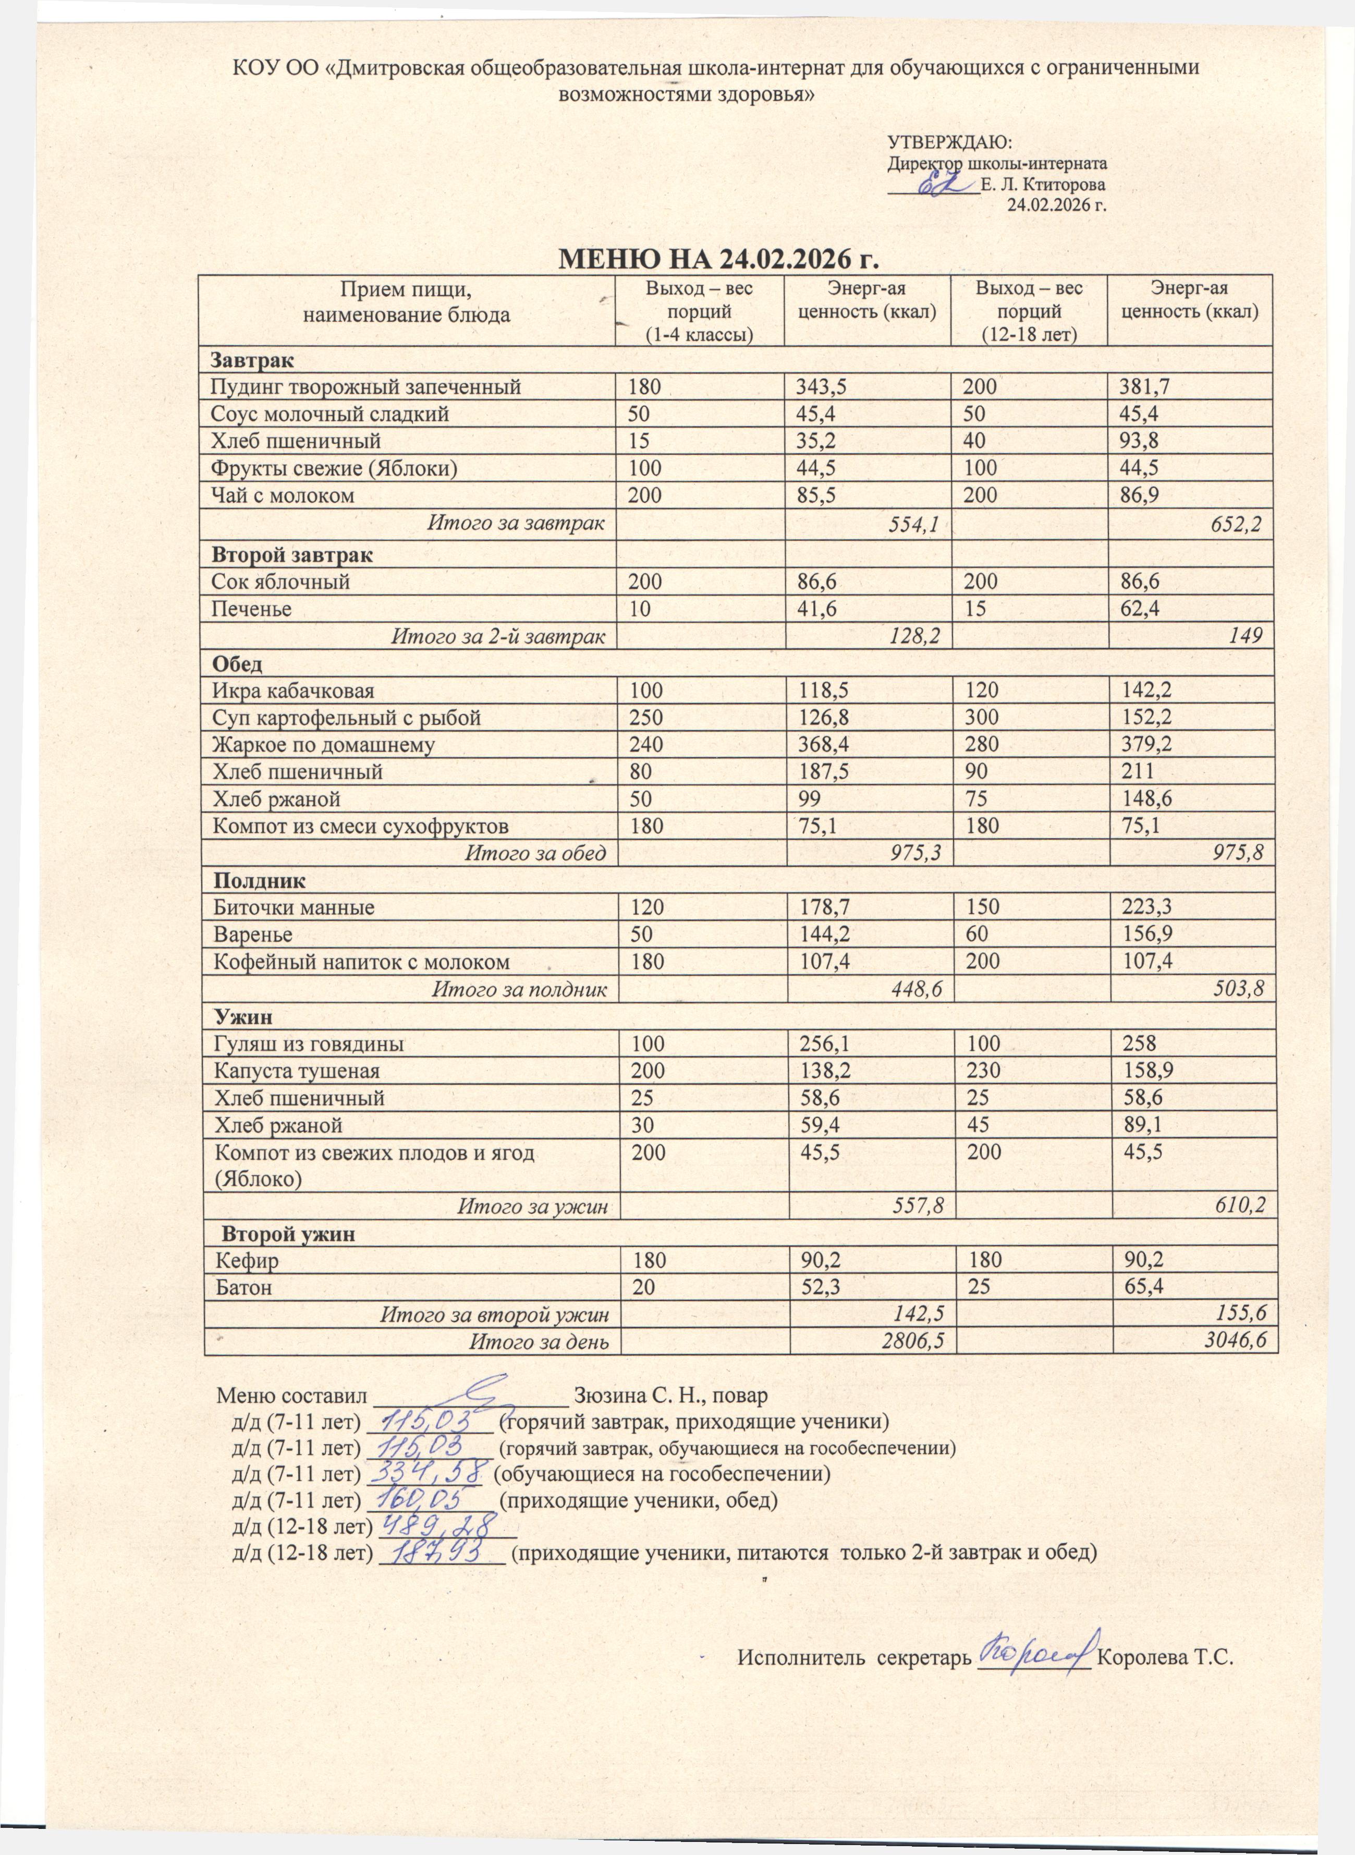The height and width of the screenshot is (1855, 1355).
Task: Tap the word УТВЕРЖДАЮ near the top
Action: (950, 142)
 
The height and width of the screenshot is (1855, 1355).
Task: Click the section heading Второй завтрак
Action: (292, 554)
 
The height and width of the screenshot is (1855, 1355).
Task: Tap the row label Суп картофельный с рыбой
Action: (346, 718)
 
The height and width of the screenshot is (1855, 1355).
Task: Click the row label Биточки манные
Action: (294, 907)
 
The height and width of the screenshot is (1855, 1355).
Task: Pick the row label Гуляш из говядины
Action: (309, 1045)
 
